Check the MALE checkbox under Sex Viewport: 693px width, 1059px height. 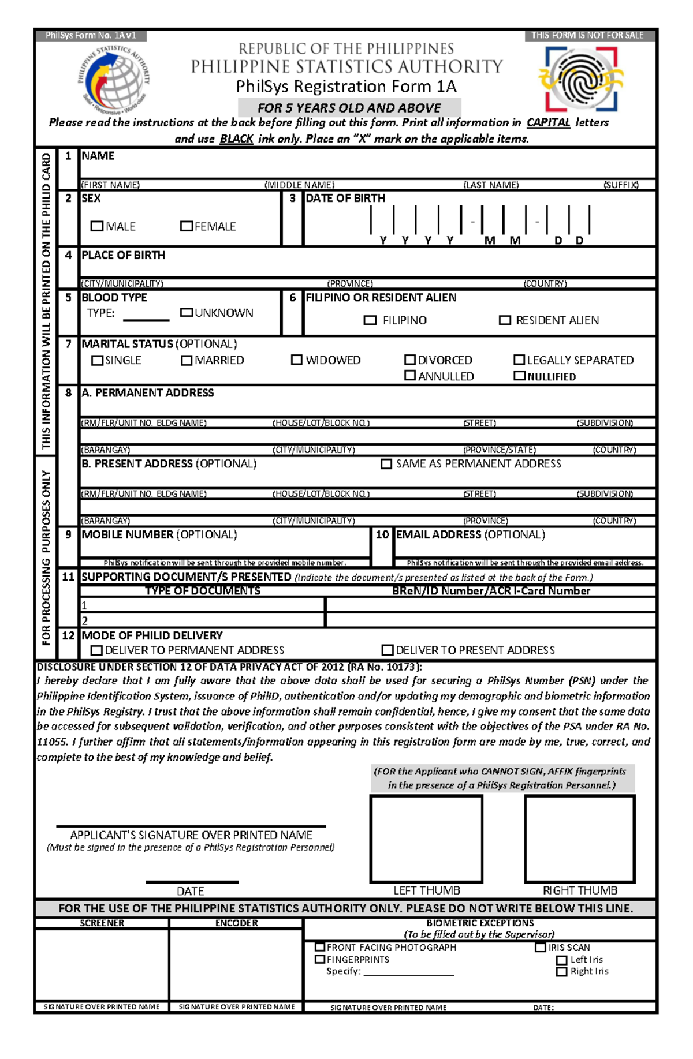(96, 226)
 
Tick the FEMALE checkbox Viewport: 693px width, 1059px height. (186, 226)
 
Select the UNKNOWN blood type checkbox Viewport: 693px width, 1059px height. (186, 312)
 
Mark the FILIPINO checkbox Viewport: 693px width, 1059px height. (370, 320)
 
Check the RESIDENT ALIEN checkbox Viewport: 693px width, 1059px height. (505, 320)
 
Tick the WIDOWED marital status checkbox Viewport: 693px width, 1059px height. (296, 360)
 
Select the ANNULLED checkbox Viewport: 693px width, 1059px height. (410, 375)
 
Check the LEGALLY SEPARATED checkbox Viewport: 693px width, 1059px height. (519, 360)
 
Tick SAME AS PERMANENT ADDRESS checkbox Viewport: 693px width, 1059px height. (386, 464)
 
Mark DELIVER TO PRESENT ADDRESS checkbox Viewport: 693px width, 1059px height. (388, 650)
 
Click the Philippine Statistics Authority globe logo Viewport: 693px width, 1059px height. (114, 80)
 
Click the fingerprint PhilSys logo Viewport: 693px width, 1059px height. (581, 79)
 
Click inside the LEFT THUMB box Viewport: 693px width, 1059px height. (426, 838)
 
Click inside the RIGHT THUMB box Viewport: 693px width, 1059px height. (580, 838)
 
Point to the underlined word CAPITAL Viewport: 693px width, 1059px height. (548, 122)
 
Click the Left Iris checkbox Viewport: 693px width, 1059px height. (561, 960)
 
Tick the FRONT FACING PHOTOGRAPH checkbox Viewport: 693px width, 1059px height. (319, 947)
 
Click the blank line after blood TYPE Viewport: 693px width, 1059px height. (146, 319)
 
